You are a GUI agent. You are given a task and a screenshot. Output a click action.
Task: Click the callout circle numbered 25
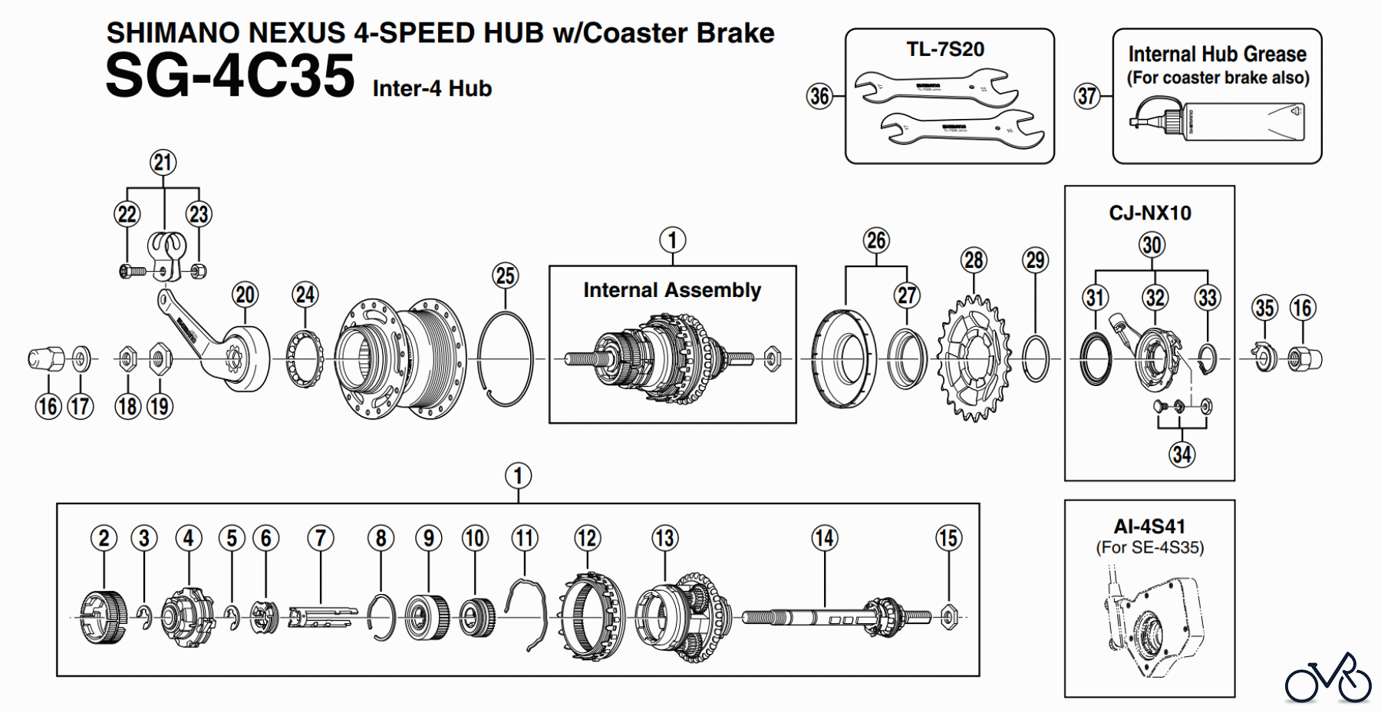point(505,276)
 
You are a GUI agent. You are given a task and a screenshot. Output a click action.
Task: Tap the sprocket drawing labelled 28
point(973,359)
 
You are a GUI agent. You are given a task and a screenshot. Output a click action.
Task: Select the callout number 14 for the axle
point(824,538)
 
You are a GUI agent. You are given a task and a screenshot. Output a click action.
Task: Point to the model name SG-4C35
point(230,77)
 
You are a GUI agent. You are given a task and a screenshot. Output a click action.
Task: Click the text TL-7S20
point(945,50)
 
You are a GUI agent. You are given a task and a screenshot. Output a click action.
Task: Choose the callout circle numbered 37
point(1087,96)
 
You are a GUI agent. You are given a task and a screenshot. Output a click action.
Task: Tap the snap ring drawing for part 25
point(505,358)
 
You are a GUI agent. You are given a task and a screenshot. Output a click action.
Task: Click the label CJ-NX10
point(1149,213)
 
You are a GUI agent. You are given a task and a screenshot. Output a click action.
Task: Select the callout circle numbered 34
point(1182,454)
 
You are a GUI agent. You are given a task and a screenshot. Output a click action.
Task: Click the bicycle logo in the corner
point(1328,678)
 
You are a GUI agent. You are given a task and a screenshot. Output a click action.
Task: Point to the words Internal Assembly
point(672,290)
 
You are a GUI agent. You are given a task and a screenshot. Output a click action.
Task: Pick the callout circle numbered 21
point(163,163)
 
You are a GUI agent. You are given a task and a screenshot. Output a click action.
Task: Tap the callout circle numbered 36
point(819,96)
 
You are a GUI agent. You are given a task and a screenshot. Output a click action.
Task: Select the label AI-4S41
point(1149,526)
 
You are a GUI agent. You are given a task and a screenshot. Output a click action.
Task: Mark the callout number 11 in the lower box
point(525,538)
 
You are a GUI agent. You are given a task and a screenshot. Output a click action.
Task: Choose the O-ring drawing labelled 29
point(1036,358)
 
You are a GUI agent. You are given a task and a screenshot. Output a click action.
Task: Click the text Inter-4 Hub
point(432,89)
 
